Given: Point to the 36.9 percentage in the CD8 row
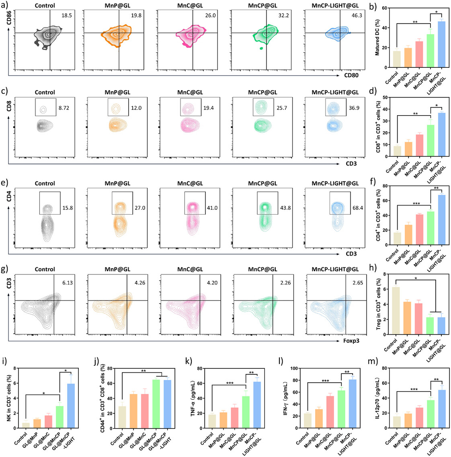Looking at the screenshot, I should [354, 108].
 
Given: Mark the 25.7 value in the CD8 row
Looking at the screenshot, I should [281, 108].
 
